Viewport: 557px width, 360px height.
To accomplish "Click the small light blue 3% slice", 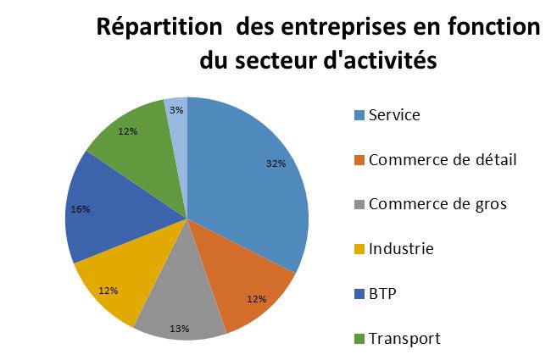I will [177, 119].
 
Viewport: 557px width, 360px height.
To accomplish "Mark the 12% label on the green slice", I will [129, 131].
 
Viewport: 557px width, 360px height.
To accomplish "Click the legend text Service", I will [394, 115].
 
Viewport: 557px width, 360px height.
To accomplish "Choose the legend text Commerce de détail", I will [431, 159].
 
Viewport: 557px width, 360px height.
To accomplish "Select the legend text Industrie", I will [401, 248].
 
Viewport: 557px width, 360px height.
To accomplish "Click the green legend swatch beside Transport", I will [359, 339].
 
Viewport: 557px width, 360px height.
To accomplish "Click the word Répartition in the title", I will [161, 27].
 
